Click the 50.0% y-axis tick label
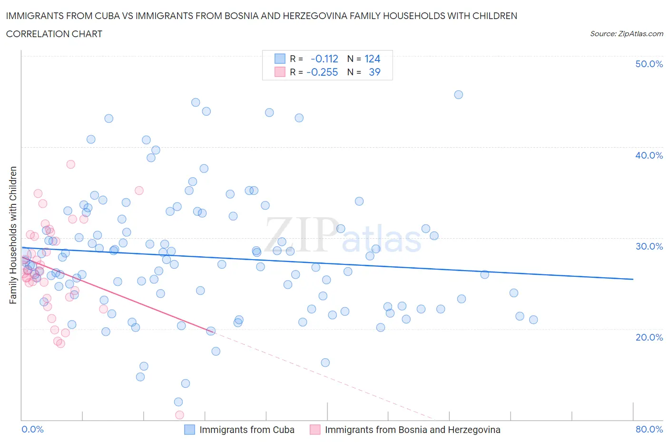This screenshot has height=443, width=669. [649, 64]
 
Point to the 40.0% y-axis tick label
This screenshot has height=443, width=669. [649, 155]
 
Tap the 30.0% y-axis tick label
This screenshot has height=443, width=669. [649, 246]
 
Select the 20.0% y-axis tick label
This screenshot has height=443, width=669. [649, 337]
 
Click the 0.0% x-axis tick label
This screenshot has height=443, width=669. [32, 429]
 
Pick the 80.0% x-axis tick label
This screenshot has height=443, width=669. [649, 429]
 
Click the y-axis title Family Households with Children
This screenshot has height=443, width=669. [13, 235]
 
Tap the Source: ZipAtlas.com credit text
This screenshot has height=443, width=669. [626, 34]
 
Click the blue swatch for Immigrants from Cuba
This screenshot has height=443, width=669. [189, 430]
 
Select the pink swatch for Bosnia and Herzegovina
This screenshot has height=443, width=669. [315, 430]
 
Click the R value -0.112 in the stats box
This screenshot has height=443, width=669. [324, 59]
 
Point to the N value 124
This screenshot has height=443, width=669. [372, 59]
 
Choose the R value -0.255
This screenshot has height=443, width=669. [322, 72]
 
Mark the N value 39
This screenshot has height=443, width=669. [374, 72]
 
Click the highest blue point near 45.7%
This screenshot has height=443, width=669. [458, 94]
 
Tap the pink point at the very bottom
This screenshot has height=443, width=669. [179, 415]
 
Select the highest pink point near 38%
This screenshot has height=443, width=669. [70, 164]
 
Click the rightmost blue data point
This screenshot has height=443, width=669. [533, 320]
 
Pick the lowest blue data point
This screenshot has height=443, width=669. [178, 402]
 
